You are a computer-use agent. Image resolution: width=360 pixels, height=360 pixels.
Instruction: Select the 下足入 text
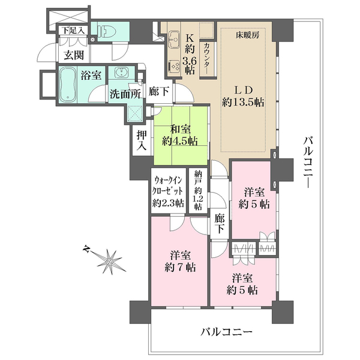tap(74, 29)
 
